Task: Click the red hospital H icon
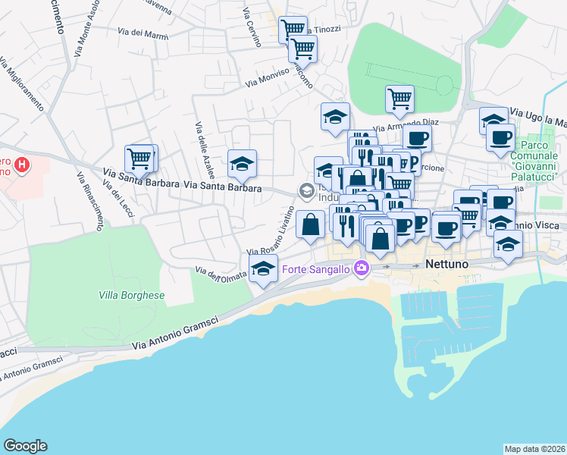click(x=23, y=163)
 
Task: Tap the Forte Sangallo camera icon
click(x=361, y=267)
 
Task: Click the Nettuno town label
click(x=448, y=265)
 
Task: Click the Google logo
click(x=25, y=446)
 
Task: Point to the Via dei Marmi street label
click(x=143, y=32)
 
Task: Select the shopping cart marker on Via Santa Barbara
click(x=140, y=159)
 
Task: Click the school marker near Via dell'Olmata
click(x=264, y=269)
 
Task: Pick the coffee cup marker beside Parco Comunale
click(x=500, y=138)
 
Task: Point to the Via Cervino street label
click(x=251, y=26)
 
